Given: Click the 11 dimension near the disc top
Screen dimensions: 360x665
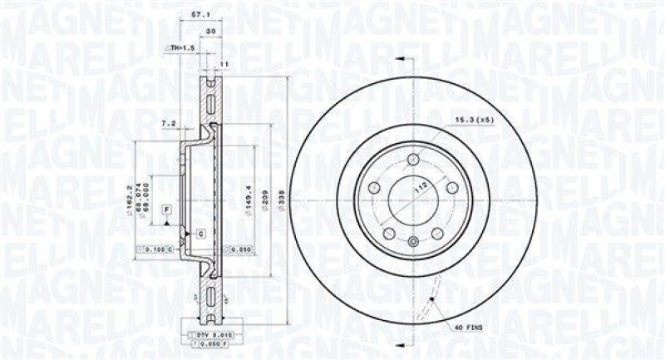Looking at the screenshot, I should pos(224,64).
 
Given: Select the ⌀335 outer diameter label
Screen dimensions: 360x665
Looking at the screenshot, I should pos(285,200).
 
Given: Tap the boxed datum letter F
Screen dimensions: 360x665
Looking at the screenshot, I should pos(167,208).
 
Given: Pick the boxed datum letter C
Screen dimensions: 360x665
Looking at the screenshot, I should pos(200,234).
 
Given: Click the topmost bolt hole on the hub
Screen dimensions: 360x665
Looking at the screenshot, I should pos(413,160).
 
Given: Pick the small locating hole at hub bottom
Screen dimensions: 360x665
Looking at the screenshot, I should pos(414,242).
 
